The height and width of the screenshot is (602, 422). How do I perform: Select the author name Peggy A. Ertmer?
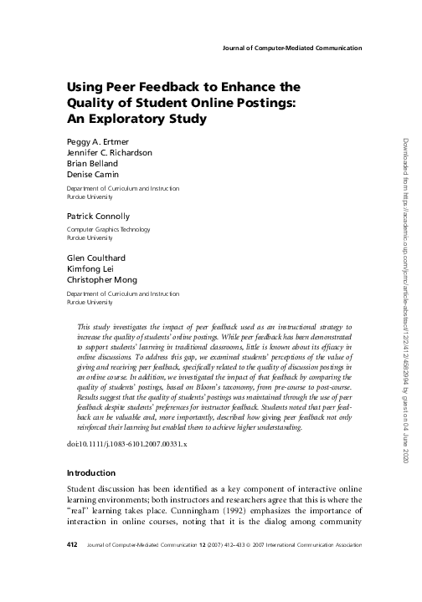tap(95, 142)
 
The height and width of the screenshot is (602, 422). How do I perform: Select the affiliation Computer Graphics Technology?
tap(111, 230)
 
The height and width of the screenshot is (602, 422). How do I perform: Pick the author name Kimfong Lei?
tap(90, 268)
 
